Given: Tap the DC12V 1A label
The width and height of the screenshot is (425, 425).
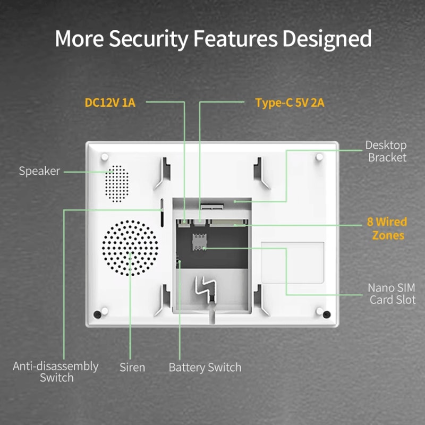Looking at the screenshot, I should click(110, 102).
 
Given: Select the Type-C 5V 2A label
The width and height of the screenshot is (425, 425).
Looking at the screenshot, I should click(290, 102).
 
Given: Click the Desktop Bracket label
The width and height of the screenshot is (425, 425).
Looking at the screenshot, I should click(387, 151).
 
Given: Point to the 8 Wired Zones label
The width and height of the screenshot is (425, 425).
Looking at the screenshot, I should click(386, 228).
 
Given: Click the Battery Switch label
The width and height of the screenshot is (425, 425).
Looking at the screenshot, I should click(205, 367).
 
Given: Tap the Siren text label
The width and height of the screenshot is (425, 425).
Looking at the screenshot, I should click(132, 367).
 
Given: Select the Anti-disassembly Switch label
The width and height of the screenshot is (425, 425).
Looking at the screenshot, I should click(56, 372).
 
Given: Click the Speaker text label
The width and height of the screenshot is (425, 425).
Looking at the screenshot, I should click(39, 171).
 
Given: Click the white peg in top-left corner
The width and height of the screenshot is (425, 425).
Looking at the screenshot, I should click(105, 157).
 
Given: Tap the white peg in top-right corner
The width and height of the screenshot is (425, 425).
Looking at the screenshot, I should click(319, 157).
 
